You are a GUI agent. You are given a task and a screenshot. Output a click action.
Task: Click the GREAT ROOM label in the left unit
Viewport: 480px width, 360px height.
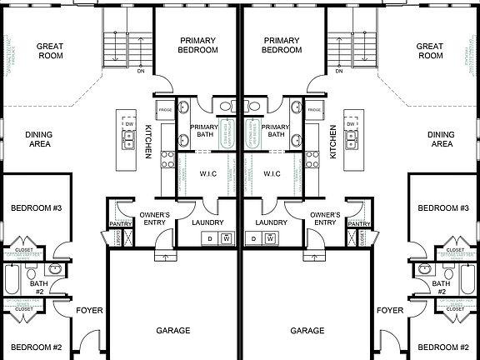click(x=51, y=50)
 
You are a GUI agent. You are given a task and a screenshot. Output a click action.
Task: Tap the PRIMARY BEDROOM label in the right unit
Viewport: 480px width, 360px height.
click(x=281, y=45)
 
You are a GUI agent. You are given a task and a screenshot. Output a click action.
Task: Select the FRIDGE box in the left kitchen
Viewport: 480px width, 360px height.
click(x=164, y=110)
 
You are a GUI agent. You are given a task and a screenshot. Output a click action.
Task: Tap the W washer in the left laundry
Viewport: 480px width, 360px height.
click(x=226, y=239)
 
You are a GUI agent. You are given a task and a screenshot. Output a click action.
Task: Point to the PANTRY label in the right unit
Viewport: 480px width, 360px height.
click(x=359, y=224)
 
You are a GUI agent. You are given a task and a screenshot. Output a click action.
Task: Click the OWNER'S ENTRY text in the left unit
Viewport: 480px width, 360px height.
click(x=153, y=218)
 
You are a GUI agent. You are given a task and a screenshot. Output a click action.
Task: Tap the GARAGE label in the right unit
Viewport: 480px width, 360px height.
click(x=307, y=331)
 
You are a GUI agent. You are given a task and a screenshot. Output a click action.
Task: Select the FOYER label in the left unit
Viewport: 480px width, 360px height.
click(x=89, y=310)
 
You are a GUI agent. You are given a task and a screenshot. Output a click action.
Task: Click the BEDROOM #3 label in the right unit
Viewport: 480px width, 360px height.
click(x=443, y=207)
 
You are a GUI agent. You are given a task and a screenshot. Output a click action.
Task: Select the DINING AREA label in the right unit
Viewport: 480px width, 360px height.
click(x=441, y=139)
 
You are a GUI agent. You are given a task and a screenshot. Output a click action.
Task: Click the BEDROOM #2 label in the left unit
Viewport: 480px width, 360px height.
click(x=36, y=347)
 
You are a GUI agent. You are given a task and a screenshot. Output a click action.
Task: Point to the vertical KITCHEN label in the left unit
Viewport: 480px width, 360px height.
click(x=148, y=141)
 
